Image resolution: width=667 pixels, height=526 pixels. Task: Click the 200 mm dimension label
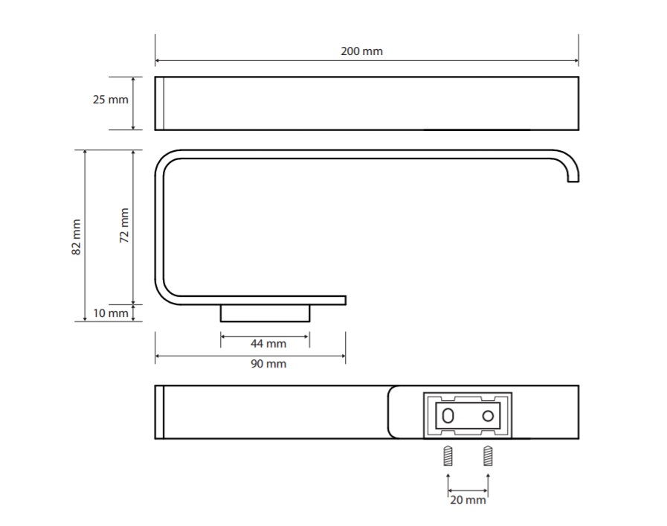[361, 51]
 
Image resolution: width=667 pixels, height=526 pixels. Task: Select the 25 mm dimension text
[111, 100]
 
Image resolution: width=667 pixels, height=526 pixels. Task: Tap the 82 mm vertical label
[76, 237]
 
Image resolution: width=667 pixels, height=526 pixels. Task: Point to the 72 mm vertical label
[123, 225]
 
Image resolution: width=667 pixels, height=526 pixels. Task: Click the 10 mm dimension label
[111, 313]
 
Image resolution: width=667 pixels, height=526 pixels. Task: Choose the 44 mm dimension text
[268, 344]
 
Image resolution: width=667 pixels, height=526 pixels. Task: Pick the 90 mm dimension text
[268, 364]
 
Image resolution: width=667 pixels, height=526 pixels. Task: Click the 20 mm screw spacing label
[468, 500]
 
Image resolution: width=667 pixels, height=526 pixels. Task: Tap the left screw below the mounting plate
[448, 456]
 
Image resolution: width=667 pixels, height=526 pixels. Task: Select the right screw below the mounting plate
[488, 456]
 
